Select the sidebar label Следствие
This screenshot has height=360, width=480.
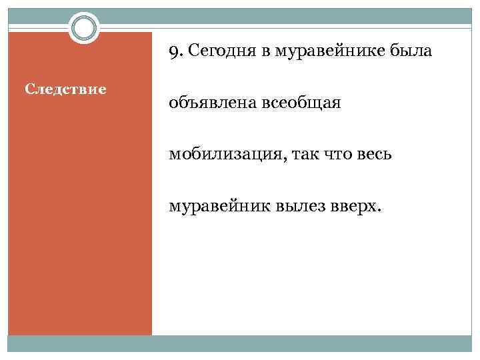coord(65,88)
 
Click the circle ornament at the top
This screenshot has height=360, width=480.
coord(85,29)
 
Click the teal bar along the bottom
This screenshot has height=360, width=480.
coord(240,343)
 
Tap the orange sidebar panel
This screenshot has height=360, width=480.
coord(80,213)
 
